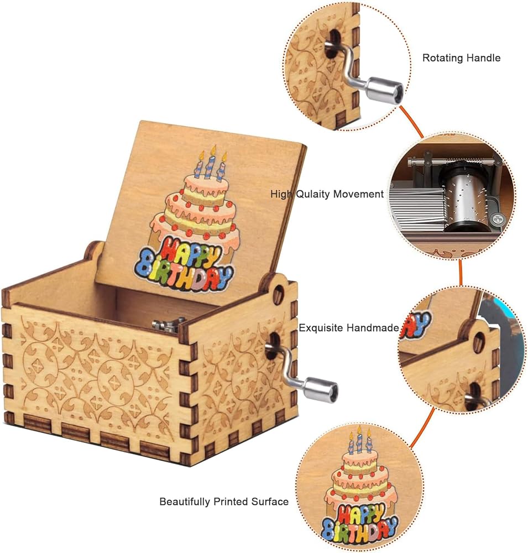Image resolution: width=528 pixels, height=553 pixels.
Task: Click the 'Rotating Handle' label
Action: pos(461,58)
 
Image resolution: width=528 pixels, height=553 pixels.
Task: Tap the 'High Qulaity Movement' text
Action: pos(327,194)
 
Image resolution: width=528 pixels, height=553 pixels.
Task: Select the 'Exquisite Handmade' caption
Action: pos(349,328)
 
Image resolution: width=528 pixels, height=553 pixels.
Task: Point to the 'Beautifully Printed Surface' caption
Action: pos(224,502)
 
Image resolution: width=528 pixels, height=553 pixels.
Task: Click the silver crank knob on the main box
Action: pos(321,389)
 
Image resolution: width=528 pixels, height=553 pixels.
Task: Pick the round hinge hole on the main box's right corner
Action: pos(278,293)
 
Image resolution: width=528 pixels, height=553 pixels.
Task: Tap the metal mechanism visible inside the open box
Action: pos(169,325)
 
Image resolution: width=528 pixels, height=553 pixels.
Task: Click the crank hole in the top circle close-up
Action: pos(333,43)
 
